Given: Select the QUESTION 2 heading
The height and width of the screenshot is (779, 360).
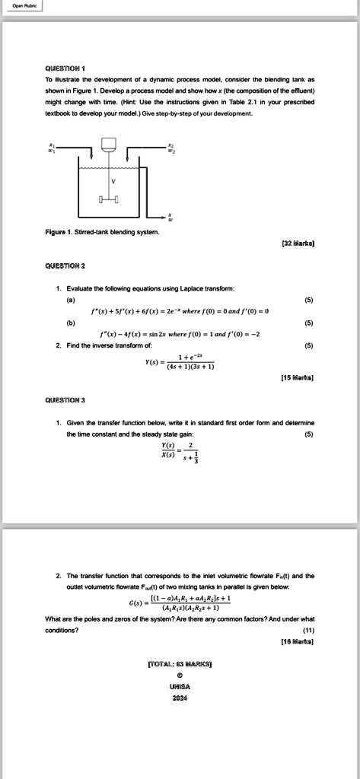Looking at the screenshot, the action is pos(65,266).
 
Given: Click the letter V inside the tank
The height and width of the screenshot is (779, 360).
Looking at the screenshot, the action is pos(114,180).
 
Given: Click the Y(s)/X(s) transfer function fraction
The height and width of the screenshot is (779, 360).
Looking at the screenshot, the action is pos(180,452).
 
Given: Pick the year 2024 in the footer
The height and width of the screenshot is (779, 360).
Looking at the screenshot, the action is pos(180,698).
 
